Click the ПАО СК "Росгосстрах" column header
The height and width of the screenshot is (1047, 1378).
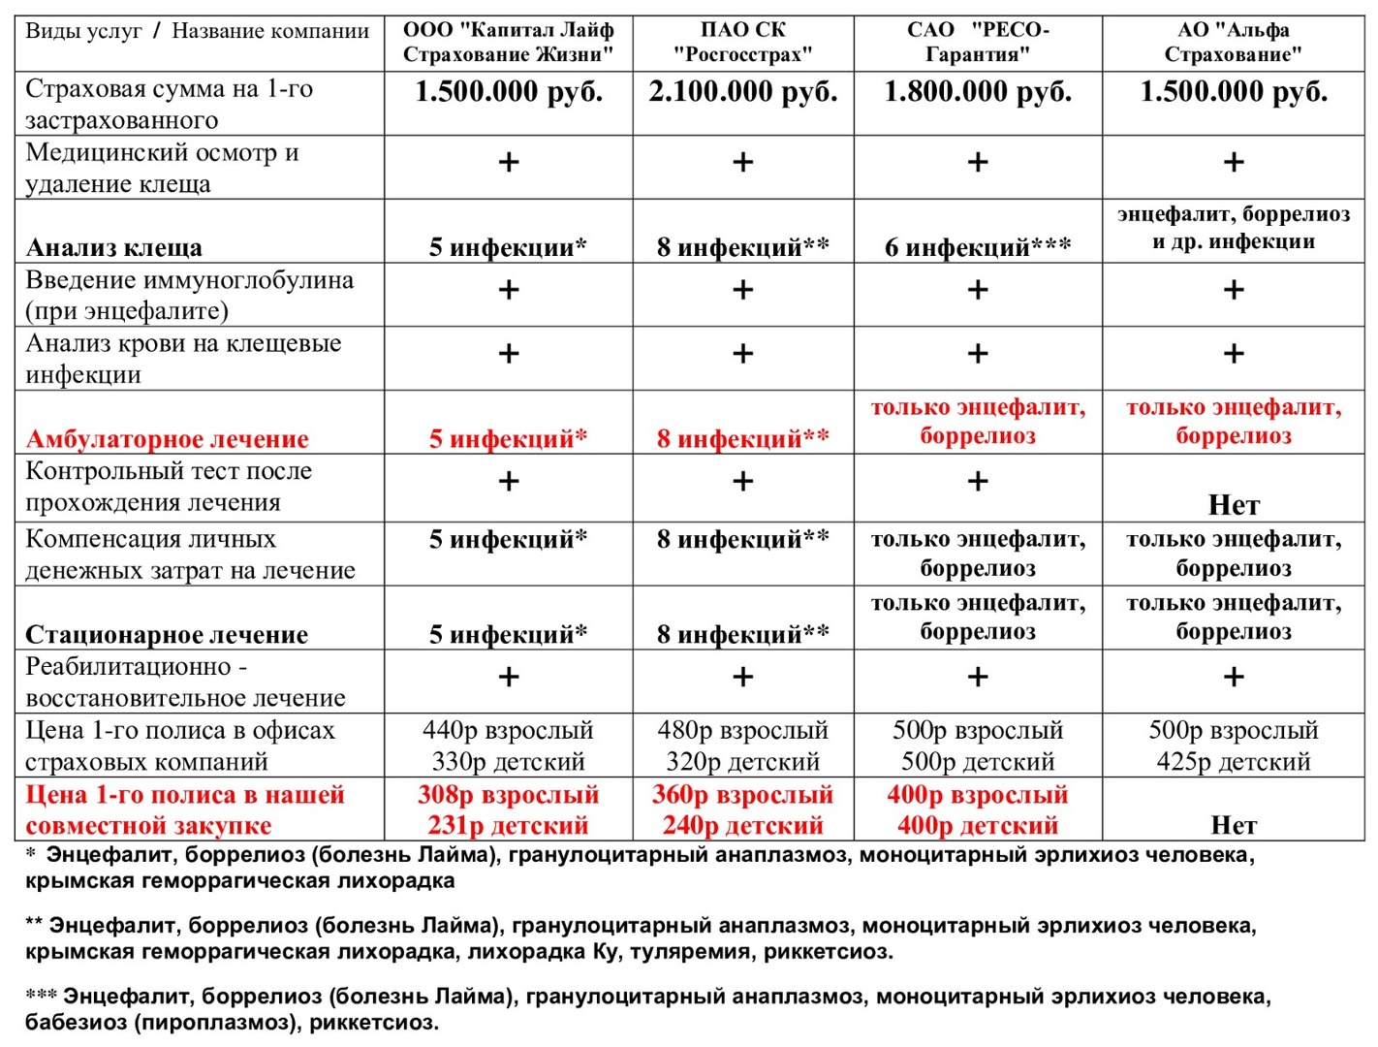coord(742,43)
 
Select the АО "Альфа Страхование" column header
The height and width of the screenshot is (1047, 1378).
coord(1233,43)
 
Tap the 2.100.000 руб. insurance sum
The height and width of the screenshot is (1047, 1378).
coord(742,93)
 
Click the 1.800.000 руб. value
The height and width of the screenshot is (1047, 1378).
coord(978,93)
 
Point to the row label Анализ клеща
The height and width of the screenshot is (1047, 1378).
coord(113,248)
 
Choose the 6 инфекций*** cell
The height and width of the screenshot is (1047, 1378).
coord(978,248)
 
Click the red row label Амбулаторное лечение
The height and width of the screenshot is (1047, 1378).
coord(167,440)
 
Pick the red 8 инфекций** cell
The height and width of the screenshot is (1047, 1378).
coord(742,440)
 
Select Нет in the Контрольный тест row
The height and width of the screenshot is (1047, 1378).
coord(1233,505)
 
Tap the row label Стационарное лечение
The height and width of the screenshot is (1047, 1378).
coord(167,635)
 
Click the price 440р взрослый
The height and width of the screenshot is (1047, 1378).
coord(508,731)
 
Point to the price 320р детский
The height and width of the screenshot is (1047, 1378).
coord(742,762)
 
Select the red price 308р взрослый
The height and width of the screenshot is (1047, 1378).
coord(508,796)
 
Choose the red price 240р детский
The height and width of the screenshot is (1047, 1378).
coord(742,826)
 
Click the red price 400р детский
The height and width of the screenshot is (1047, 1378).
coord(978,826)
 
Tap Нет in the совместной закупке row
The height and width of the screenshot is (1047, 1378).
coord(1233,826)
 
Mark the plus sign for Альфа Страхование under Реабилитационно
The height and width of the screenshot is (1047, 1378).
coord(1233,677)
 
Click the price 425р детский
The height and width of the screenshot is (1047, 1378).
coord(1233,762)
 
